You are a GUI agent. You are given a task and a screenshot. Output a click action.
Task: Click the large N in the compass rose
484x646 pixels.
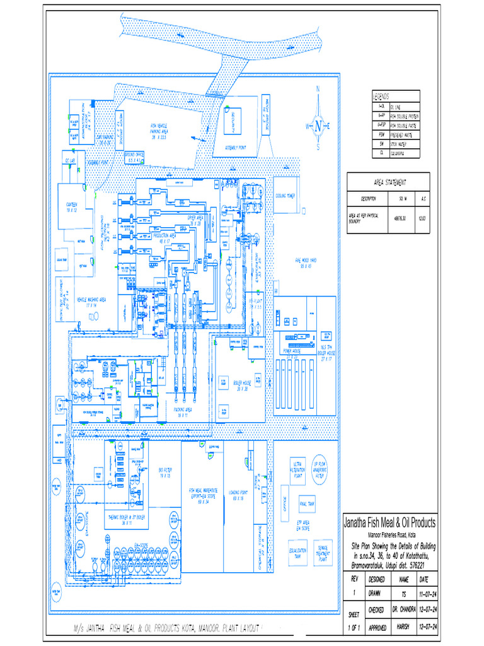click(x=319, y=126)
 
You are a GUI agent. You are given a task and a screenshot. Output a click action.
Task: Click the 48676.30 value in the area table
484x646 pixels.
click(x=400, y=218)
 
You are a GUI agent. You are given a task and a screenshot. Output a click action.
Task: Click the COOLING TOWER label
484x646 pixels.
click(x=285, y=196)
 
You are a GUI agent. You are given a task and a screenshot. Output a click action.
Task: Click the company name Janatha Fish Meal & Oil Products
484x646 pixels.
click(x=389, y=523)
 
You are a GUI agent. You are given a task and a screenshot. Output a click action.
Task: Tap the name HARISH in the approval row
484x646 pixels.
click(x=403, y=626)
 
